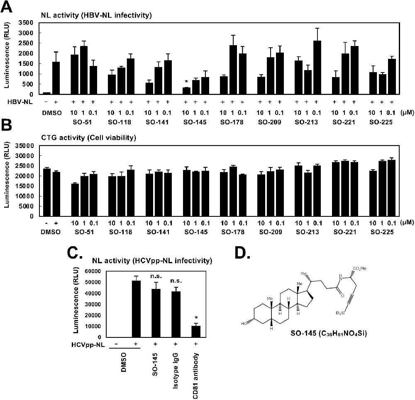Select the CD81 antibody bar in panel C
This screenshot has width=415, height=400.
pyautogui.click(x=195, y=332)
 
